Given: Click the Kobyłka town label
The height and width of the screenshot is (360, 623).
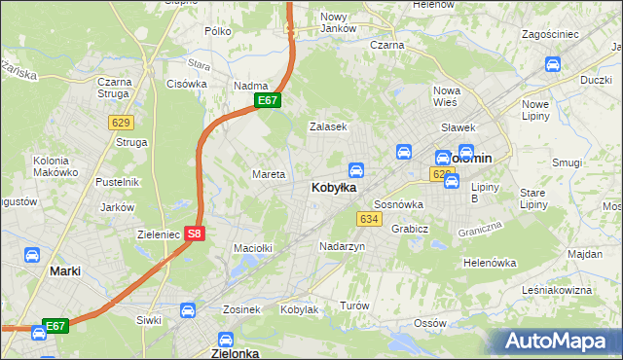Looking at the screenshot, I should click(333, 187).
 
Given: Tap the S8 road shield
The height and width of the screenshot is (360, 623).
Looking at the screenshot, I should click(195, 234).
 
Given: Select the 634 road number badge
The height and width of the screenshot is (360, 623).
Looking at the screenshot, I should click(368, 219).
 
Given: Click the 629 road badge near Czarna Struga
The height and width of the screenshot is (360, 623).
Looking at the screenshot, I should click(121, 122).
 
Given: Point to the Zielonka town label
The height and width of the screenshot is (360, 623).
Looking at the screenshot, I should click(235, 353).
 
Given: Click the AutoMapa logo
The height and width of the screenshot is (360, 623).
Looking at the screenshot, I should click(559, 341).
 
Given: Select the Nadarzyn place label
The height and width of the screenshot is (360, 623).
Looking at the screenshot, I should click(342, 247).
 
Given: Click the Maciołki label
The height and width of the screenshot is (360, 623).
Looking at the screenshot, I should click(252, 248).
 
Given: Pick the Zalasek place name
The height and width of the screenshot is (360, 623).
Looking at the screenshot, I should click(328, 127).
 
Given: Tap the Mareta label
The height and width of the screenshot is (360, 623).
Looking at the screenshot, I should click(269, 175).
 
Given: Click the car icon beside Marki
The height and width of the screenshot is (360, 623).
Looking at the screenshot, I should click(32, 255).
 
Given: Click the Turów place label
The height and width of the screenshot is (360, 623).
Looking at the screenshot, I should click(355, 306).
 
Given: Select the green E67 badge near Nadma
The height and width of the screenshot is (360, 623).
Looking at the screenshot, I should click(269, 100).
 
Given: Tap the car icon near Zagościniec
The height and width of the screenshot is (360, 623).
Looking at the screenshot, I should click(552, 65).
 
